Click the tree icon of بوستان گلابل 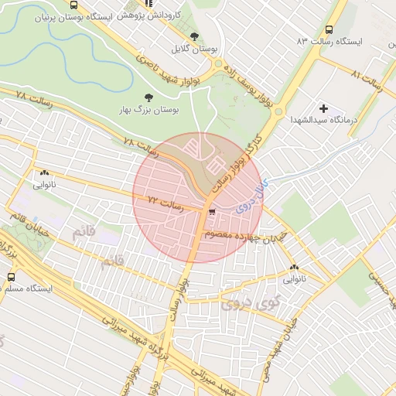[194, 36]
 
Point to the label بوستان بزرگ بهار [148, 111]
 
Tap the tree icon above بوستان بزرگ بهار [148, 97]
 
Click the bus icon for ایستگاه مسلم [10, 276]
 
